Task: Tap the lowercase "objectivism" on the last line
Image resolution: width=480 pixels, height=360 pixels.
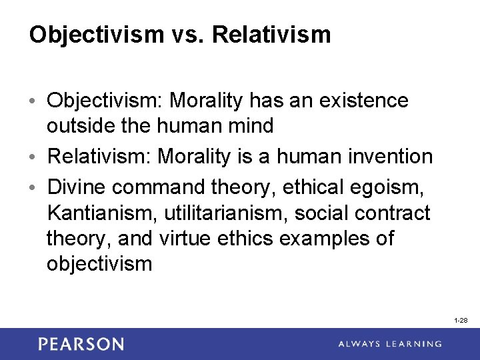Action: click(100, 264)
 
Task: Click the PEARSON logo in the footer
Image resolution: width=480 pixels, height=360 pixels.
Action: click(81, 344)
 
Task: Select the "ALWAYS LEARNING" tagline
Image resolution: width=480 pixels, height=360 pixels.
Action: click(389, 344)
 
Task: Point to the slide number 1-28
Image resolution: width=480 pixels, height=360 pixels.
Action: click(461, 321)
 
